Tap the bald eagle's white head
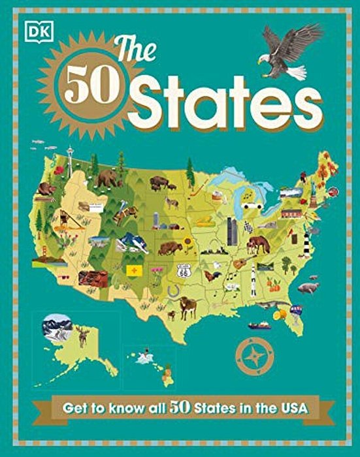coord(263,58)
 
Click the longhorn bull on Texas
coord(188,306)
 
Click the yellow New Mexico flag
coord(134,270)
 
